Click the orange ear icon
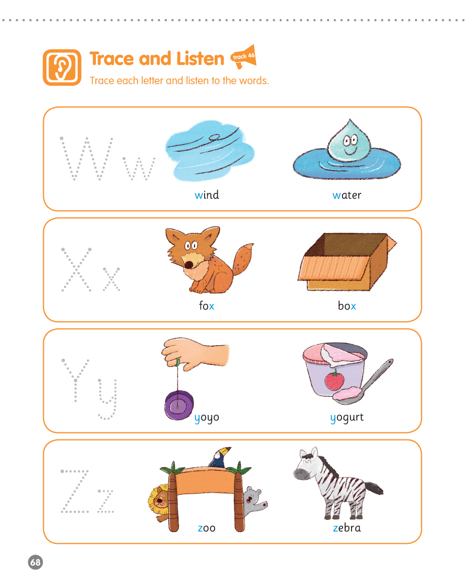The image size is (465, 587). [62, 68]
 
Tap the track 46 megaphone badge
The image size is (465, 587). [244, 56]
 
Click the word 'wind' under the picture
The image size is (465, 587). [207, 194]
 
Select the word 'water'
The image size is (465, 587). [347, 195]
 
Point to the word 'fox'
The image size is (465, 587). [206, 306]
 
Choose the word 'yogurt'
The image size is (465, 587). [347, 418]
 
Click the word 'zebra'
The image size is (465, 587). [347, 527]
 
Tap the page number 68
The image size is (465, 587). [36, 562]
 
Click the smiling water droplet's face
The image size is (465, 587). [350, 144]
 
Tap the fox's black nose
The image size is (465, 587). [189, 265]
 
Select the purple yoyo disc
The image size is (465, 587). [179, 405]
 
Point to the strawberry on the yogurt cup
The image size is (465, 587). [335, 380]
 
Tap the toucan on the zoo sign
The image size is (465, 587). [219, 458]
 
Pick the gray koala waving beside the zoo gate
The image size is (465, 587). [254, 501]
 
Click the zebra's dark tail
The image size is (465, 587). [374, 488]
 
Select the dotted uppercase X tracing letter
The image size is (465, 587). [76, 269]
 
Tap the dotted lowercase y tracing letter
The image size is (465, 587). [108, 398]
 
